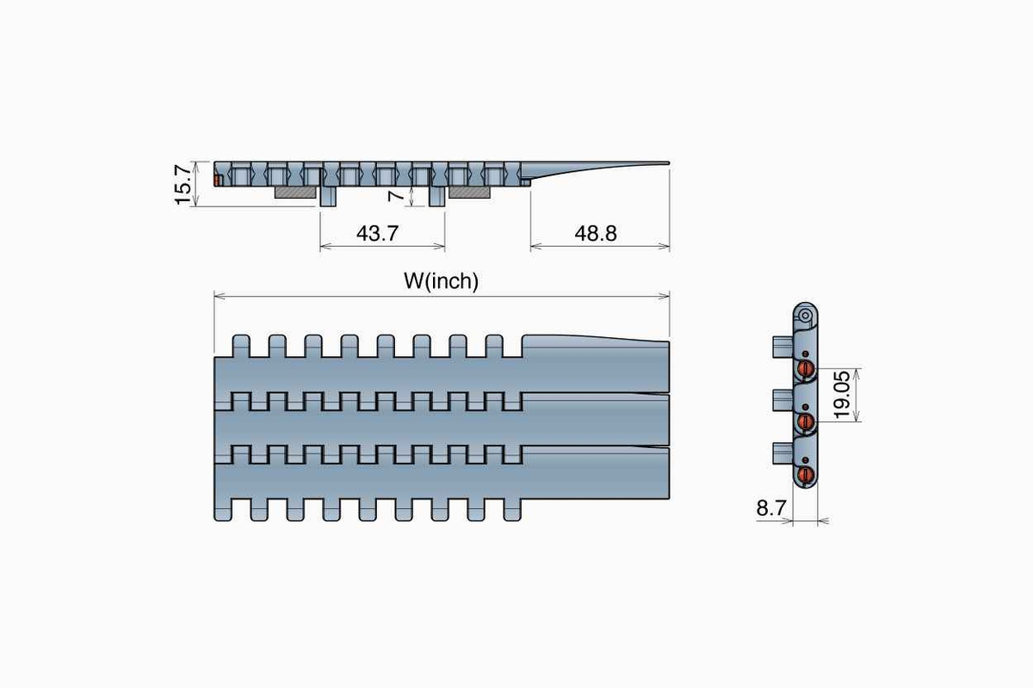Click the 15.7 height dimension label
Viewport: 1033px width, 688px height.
click(x=182, y=183)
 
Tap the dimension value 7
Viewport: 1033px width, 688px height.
click(x=395, y=195)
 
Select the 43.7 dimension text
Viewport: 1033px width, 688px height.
click(x=377, y=232)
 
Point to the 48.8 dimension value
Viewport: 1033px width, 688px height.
click(x=596, y=232)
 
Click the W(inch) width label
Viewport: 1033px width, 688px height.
click(x=440, y=281)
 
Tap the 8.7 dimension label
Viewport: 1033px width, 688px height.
click(x=771, y=508)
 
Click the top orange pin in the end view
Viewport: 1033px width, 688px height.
click(x=807, y=369)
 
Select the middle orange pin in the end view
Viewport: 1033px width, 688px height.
click(x=807, y=421)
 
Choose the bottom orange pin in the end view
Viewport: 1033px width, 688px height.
click(x=807, y=473)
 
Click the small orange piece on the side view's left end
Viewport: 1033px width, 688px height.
click(x=218, y=181)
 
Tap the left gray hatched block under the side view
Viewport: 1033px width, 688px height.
click(x=295, y=193)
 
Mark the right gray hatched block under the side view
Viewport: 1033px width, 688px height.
click(x=469, y=193)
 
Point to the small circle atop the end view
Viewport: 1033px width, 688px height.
click(x=806, y=316)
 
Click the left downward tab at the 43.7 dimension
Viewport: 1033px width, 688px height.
click(x=327, y=196)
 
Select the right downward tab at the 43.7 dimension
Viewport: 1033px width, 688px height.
click(x=437, y=196)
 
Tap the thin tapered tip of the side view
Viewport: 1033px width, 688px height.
click(x=637, y=163)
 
